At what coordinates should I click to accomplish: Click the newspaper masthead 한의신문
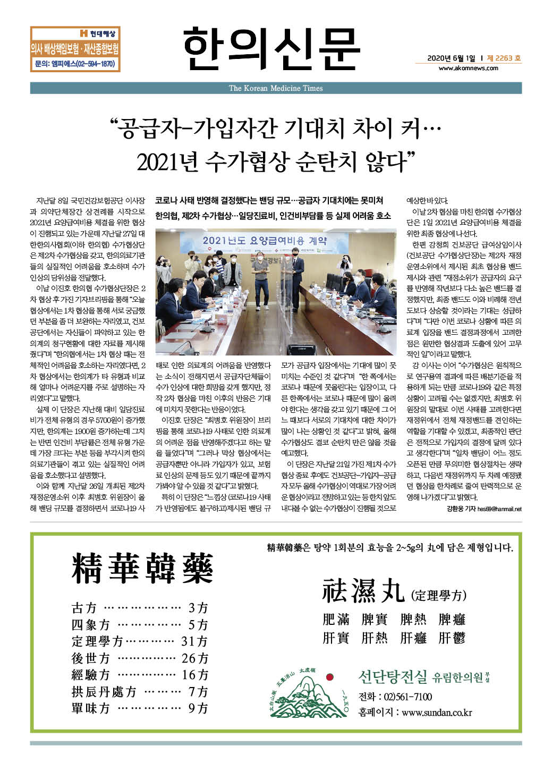tap(271, 48)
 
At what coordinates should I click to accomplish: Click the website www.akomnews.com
tap(468, 68)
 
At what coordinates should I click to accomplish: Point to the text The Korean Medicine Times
tap(276, 88)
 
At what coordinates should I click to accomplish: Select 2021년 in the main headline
tap(164, 162)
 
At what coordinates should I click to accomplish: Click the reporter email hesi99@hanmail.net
tap(499, 509)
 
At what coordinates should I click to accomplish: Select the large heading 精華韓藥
tap(142, 568)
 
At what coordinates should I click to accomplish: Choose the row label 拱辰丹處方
tap(104, 692)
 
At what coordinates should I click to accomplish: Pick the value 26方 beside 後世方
tap(194, 658)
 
